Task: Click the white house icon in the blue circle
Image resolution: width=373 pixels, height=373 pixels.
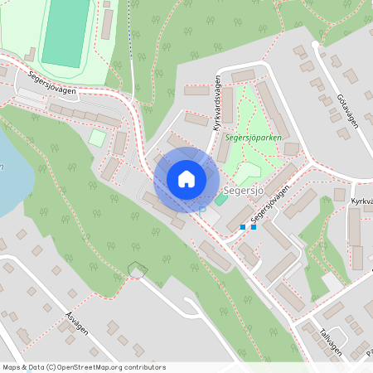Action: point(186,179)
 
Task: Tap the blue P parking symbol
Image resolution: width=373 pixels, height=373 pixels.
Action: point(201,211)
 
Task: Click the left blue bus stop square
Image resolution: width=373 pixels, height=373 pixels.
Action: point(243,227)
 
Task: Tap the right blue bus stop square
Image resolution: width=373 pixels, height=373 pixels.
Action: point(254,227)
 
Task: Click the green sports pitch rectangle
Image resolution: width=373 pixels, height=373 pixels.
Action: point(65,32)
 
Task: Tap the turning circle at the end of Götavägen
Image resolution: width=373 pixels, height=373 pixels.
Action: point(315,44)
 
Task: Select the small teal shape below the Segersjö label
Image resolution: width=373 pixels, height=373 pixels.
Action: point(220,199)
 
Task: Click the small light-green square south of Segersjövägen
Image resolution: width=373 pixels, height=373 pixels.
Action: point(98,138)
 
